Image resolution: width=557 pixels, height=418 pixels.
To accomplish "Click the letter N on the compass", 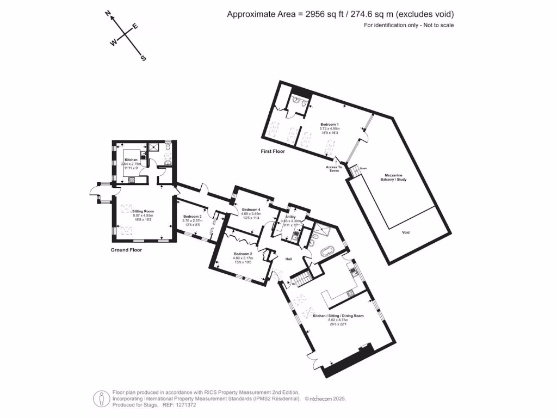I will pos(109,15).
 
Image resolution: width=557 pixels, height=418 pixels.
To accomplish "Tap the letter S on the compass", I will pos(144,58).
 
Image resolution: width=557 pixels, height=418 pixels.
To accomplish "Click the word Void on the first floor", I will pos(406,232).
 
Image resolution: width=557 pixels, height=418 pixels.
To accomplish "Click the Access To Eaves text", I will pos(333,169).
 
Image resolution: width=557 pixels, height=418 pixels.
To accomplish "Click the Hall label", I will pos(289,259).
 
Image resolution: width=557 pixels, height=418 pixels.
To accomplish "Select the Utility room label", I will pos(287,217).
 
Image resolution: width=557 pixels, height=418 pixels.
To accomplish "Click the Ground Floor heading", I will pos(126,250).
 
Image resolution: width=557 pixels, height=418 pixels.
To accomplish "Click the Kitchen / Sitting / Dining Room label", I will pos(338,316).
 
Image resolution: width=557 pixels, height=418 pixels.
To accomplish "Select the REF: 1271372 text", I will pos(180,405).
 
